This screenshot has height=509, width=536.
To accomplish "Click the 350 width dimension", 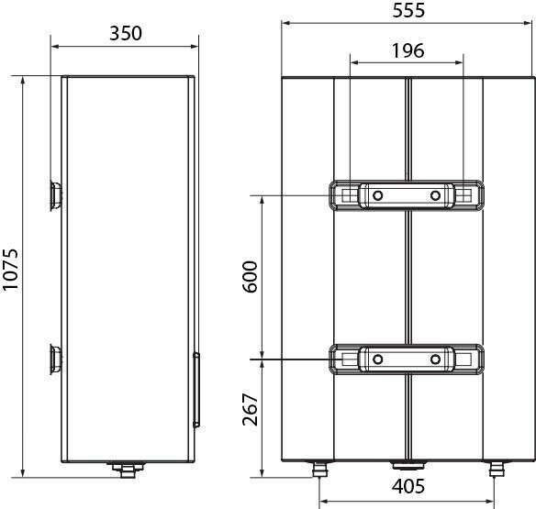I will pyautogui.click(x=125, y=33).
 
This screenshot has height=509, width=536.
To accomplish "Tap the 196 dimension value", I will pyautogui.click(x=406, y=51).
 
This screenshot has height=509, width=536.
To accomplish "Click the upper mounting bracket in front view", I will pyautogui.click(x=407, y=195).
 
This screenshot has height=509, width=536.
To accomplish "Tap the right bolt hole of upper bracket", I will pyautogui.click(x=435, y=195).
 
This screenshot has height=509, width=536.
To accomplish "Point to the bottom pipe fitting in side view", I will pyautogui.click(x=127, y=470).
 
